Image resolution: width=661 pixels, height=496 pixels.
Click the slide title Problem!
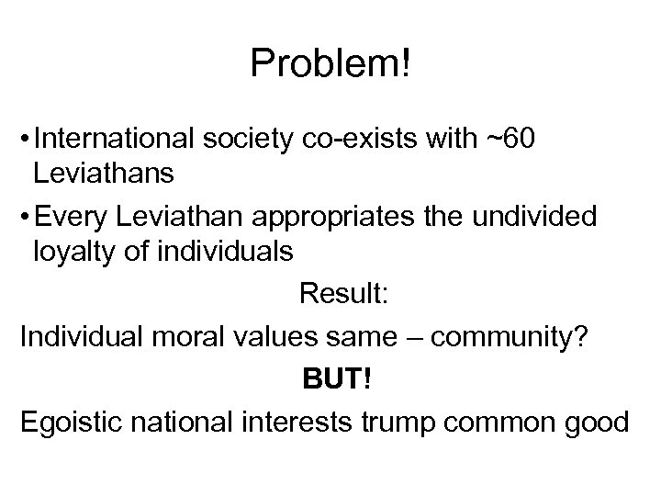click(x=330, y=63)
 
